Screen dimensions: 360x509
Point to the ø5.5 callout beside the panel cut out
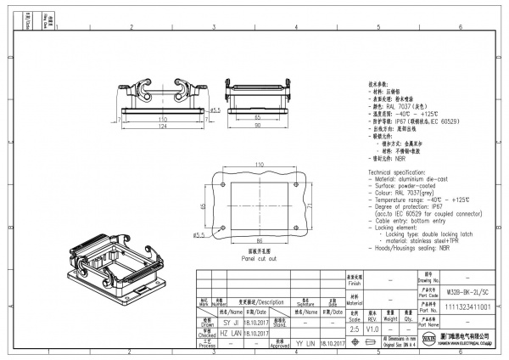point(200,234)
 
